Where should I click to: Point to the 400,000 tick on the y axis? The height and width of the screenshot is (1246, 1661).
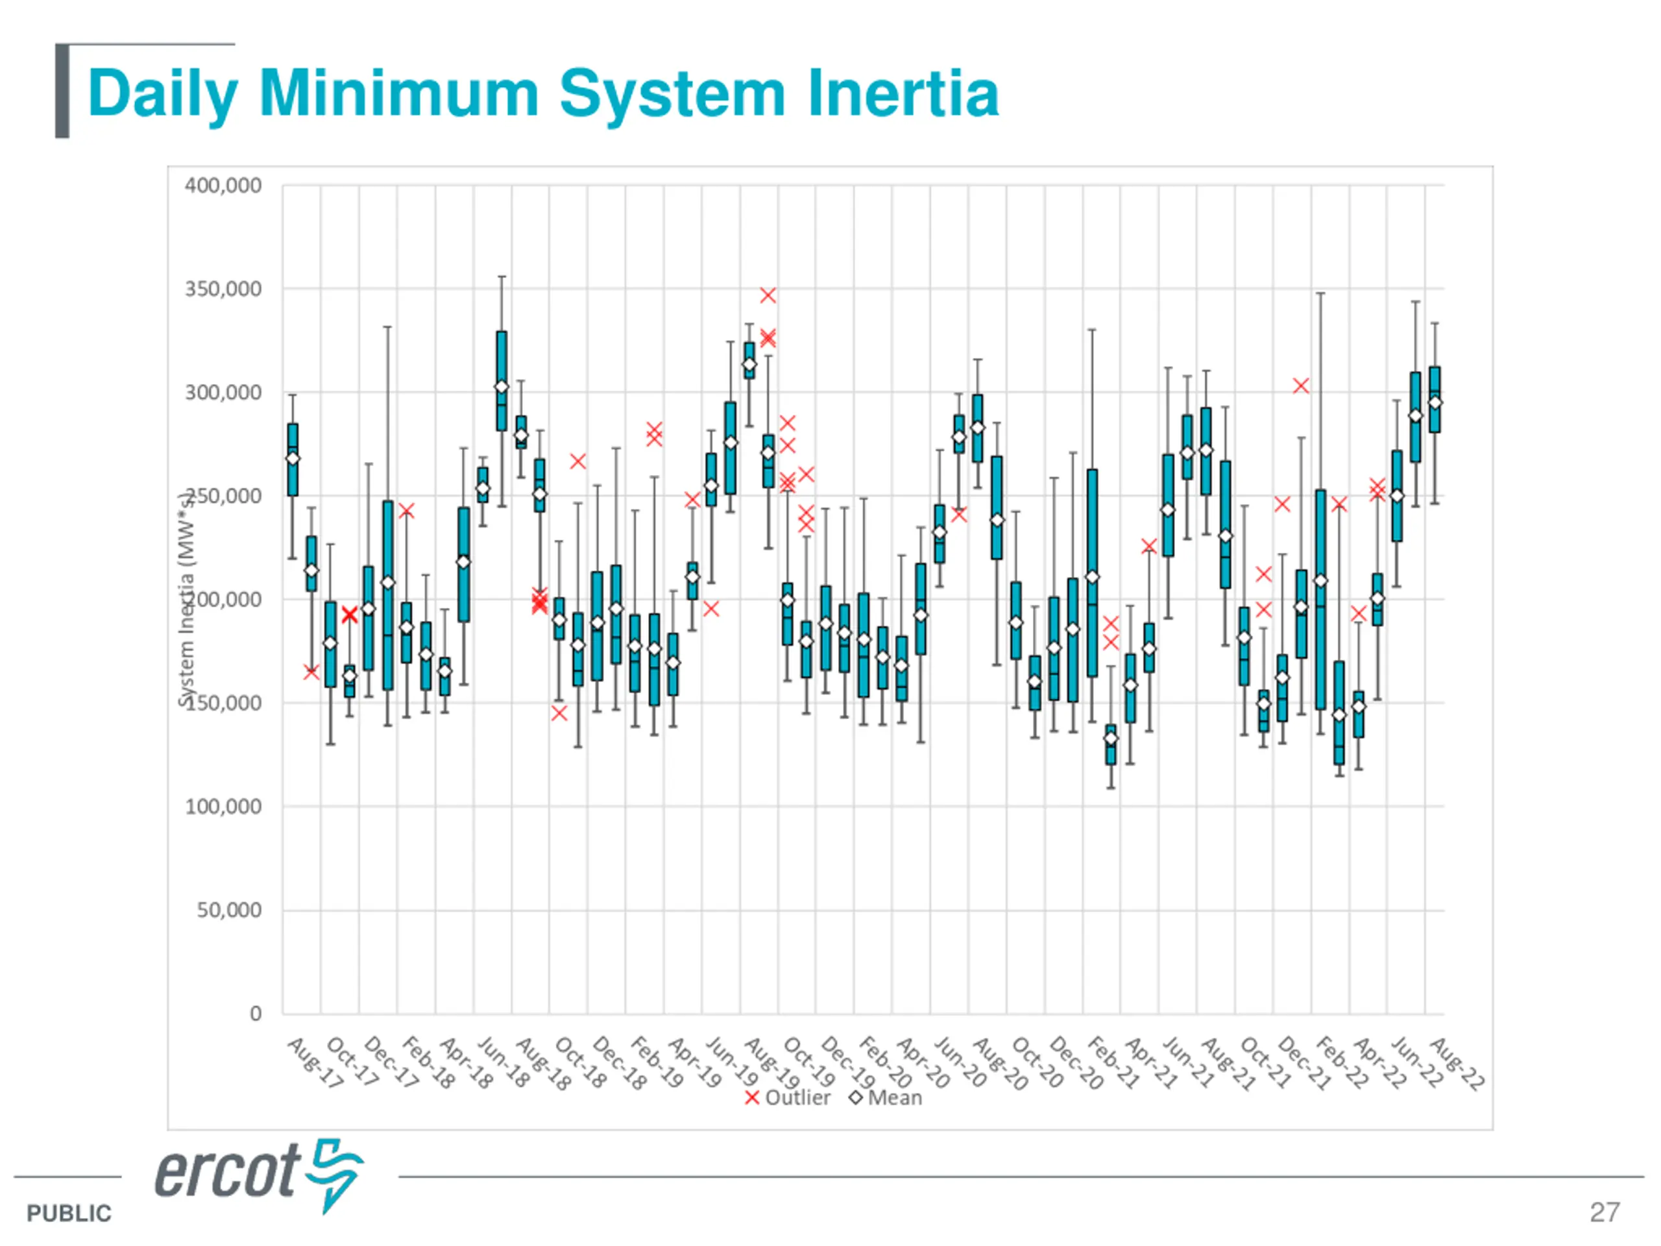click(223, 186)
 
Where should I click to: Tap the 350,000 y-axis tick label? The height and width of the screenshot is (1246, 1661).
click(223, 289)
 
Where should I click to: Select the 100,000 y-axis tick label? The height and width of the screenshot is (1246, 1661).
click(223, 807)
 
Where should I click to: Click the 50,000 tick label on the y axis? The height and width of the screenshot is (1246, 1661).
click(229, 910)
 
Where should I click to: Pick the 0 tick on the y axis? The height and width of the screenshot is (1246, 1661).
click(255, 1014)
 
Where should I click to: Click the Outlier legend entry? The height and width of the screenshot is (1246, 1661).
click(788, 1098)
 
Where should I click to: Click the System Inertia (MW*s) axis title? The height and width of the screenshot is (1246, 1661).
click(186, 598)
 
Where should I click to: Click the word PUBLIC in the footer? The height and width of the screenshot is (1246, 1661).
click(68, 1213)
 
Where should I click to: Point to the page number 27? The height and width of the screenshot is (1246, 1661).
click(1604, 1212)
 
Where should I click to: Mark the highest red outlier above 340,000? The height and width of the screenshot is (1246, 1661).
click(768, 295)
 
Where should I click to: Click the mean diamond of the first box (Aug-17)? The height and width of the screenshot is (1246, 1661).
click(293, 459)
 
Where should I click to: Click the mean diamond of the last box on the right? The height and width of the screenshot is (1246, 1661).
click(1434, 402)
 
